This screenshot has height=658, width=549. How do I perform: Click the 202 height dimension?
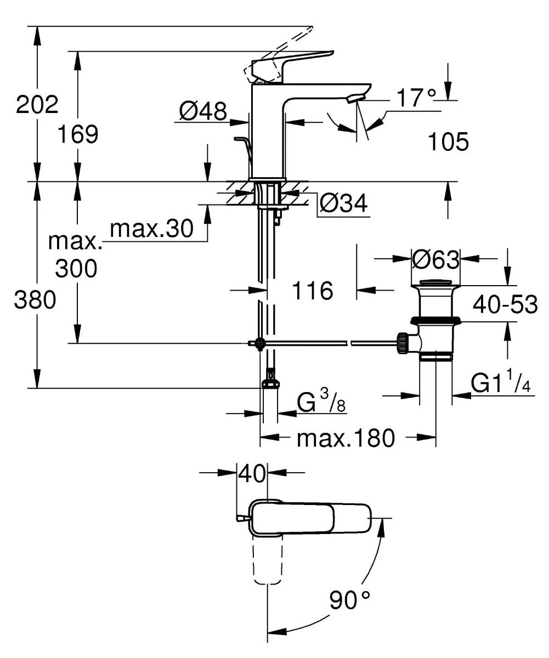tap(37, 104)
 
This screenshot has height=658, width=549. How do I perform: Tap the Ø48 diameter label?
tap(203, 112)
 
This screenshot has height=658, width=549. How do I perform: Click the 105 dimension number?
tap(448, 142)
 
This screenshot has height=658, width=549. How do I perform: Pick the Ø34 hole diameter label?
tap(343, 205)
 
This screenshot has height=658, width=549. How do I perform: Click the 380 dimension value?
tap(36, 300)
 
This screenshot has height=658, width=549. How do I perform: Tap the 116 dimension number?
tap(313, 291)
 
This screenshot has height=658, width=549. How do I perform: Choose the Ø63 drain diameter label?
tap(435, 260)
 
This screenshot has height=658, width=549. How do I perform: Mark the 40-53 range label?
tap(505, 304)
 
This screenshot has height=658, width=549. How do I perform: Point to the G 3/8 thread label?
tap(321, 405)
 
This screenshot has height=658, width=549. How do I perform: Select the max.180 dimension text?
tap(346, 438)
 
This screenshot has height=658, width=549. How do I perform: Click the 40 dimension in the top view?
tap(252, 473)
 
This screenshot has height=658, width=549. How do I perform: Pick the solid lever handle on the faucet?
tap(302, 60)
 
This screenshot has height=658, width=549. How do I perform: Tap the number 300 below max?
tap(77, 268)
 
